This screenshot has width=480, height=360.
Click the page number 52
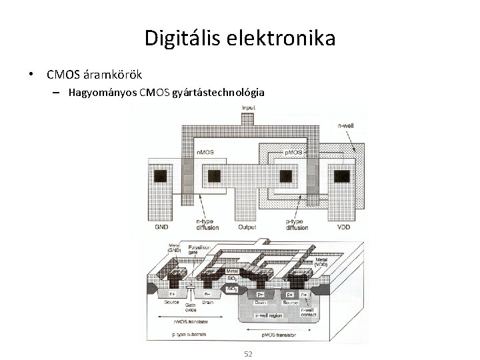(247, 353)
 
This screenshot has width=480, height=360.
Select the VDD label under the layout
(343, 227)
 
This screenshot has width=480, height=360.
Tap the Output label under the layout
(247, 227)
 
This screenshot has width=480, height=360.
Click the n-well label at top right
(346, 125)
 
